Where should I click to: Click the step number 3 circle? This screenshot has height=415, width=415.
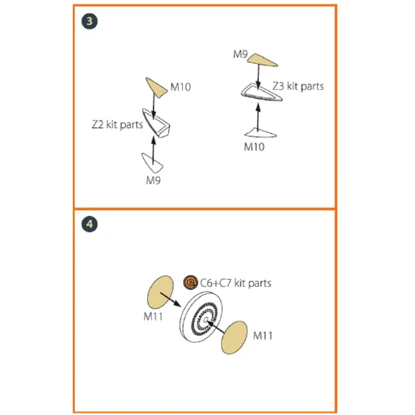click(90, 21)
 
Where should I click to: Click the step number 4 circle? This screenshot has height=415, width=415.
click(90, 224)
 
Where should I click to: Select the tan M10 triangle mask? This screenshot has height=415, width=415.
click(155, 88)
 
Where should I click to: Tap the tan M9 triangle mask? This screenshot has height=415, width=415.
click(262, 60)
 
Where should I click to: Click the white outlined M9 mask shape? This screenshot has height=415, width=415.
click(152, 163)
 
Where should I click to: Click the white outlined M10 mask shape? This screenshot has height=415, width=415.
click(260, 133)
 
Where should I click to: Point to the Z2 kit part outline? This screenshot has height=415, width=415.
click(157, 123)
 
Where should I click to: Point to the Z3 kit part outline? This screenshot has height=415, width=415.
click(262, 93)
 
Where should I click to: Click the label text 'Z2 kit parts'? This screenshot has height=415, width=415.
click(117, 124)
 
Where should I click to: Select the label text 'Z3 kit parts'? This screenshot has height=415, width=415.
click(298, 86)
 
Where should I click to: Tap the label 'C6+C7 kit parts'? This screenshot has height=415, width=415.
click(235, 283)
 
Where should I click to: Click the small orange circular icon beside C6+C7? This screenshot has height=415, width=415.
click(191, 282)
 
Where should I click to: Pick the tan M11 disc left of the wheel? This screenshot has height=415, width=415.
click(161, 292)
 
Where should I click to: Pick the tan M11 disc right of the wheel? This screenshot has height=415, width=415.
click(234, 337)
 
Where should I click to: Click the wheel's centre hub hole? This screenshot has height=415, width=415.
click(206, 320)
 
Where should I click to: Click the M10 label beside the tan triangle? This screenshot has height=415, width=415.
click(180, 87)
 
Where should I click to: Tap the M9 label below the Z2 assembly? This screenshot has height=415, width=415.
click(153, 180)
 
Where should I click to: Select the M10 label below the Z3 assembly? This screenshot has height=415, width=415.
click(254, 147)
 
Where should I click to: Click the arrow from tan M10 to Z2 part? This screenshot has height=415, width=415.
click(153, 106)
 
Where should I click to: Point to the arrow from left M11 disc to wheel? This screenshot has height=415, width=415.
click(171, 300)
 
